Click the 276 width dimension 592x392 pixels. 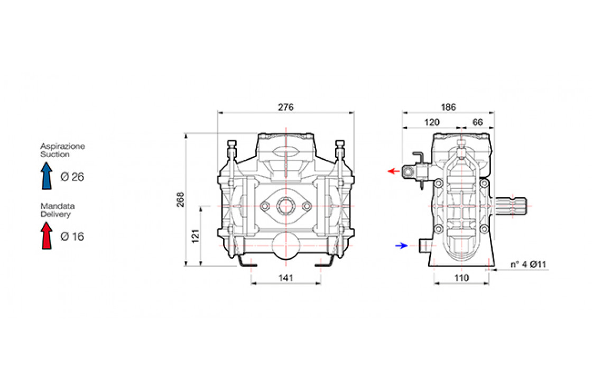pos(286,107)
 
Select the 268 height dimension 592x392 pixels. pos(181,199)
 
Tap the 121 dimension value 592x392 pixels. pos(195,236)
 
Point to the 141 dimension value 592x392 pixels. pos(286,278)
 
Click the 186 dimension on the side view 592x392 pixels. pos(448,107)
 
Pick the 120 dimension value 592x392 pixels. pos(432,122)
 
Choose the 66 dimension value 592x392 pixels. pos(478,122)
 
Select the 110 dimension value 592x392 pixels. pos(461,278)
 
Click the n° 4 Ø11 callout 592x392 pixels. pos(528,264)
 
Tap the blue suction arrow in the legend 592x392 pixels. pos(47,176)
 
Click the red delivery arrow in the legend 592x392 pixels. pos(47,235)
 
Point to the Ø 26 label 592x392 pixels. pos(72,177)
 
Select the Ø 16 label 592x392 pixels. pos(72,236)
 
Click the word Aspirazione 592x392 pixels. pos(63,147)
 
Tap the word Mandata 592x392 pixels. pos(58,206)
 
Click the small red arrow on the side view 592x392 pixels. pos(393,171)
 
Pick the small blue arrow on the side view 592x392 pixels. pos(402,245)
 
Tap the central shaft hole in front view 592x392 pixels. pos(286,206)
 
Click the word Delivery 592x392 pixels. pos(55,214)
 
